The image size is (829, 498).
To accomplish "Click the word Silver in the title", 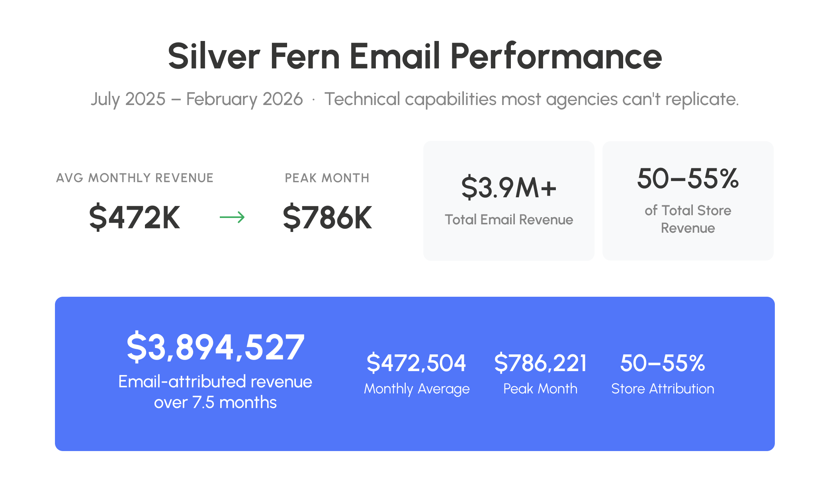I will click(x=214, y=56).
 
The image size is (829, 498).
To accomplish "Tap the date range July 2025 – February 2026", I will click(x=197, y=99).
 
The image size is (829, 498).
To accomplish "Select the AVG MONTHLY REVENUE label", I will click(x=135, y=178).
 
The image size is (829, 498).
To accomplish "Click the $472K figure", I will click(x=135, y=217).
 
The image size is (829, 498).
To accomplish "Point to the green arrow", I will click(x=232, y=217).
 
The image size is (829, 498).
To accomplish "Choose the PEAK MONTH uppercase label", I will click(x=327, y=178).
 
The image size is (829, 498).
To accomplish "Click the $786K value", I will click(x=327, y=217).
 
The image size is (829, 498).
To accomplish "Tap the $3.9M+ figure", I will click(x=508, y=188).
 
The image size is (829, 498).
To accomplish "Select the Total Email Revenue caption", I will click(x=508, y=220).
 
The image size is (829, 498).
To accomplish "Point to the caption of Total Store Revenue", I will click(x=688, y=219).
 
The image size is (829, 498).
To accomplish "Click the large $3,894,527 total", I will click(x=215, y=347).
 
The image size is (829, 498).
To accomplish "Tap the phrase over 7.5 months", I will click(x=215, y=403).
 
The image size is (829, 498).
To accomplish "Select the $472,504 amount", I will click(x=416, y=363).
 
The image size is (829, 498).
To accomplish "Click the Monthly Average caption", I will click(x=416, y=389).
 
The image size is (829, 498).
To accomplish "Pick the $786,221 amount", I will click(x=540, y=363).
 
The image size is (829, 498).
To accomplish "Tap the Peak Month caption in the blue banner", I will click(x=540, y=389).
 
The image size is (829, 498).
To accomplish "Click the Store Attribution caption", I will click(x=663, y=389).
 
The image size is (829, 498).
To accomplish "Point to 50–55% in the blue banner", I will click(x=663, y=363).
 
